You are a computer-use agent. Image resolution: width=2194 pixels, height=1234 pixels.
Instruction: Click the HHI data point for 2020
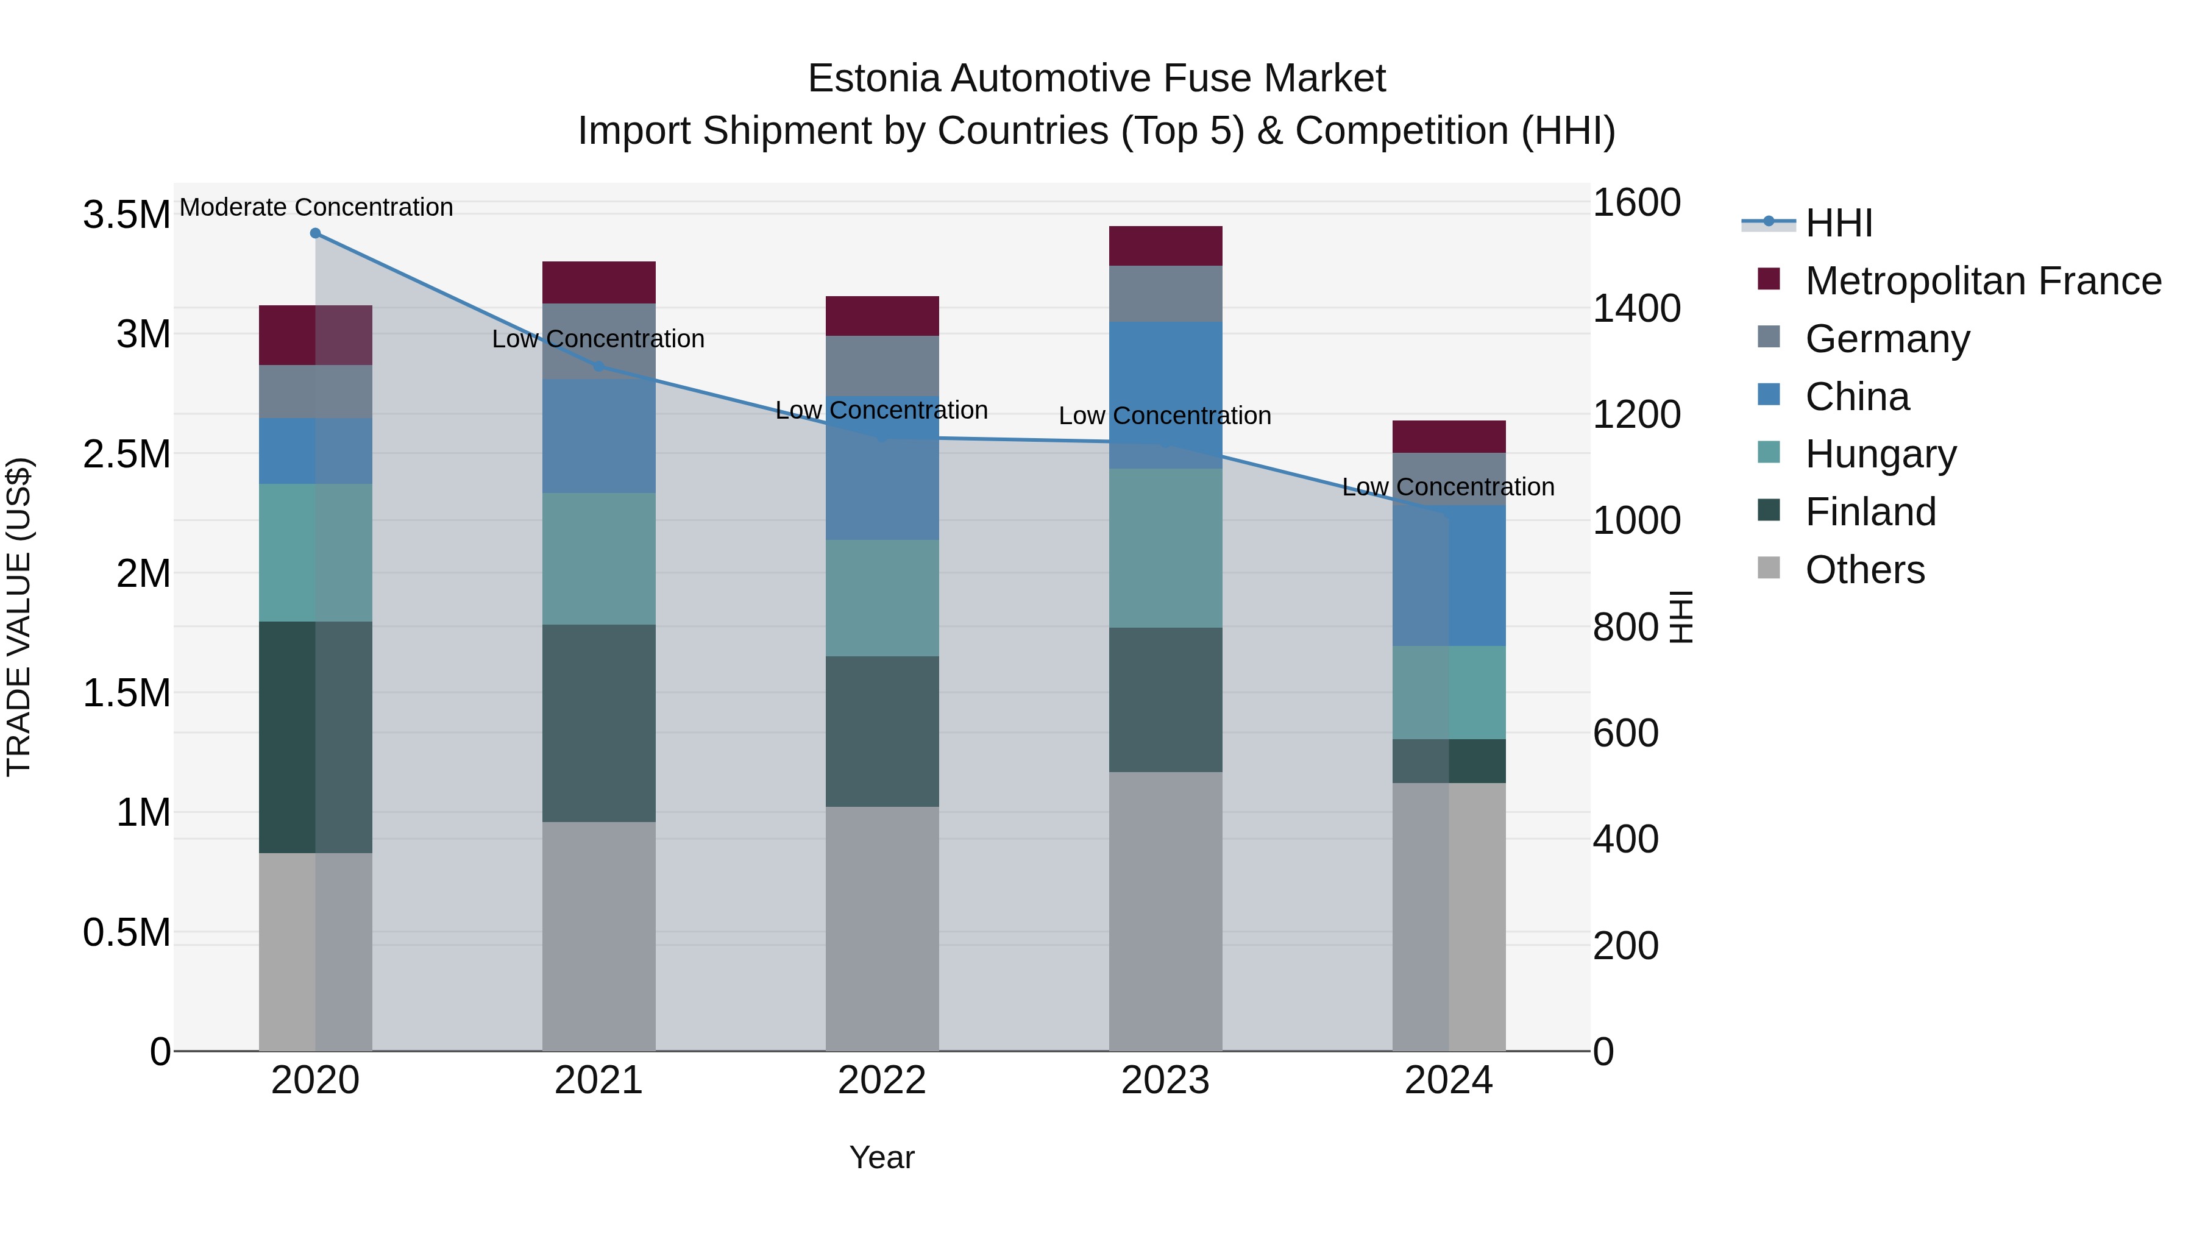(315, 233)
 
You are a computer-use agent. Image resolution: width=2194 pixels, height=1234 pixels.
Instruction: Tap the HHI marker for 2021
(598, 366)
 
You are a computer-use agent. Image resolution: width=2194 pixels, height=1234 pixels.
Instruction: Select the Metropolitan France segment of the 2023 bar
(1165, 246)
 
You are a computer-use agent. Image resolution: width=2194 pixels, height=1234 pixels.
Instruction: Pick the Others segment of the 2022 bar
(882, 928)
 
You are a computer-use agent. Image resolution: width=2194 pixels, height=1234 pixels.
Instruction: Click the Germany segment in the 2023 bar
(1165, 294)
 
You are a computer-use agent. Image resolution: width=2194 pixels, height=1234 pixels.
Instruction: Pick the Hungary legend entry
(1881, 454)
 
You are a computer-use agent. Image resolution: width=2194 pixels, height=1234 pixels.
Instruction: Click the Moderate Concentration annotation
(316, 207)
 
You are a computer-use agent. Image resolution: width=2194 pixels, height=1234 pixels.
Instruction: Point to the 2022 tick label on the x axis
(882, 1080)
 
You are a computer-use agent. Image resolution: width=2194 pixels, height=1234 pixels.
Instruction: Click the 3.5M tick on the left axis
(127, 215)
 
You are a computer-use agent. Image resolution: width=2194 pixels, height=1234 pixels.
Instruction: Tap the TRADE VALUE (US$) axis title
(19, 617)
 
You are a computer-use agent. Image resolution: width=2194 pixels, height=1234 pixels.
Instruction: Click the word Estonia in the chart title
(874, 79)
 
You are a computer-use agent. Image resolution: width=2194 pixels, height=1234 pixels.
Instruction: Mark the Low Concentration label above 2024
(1448, 487)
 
